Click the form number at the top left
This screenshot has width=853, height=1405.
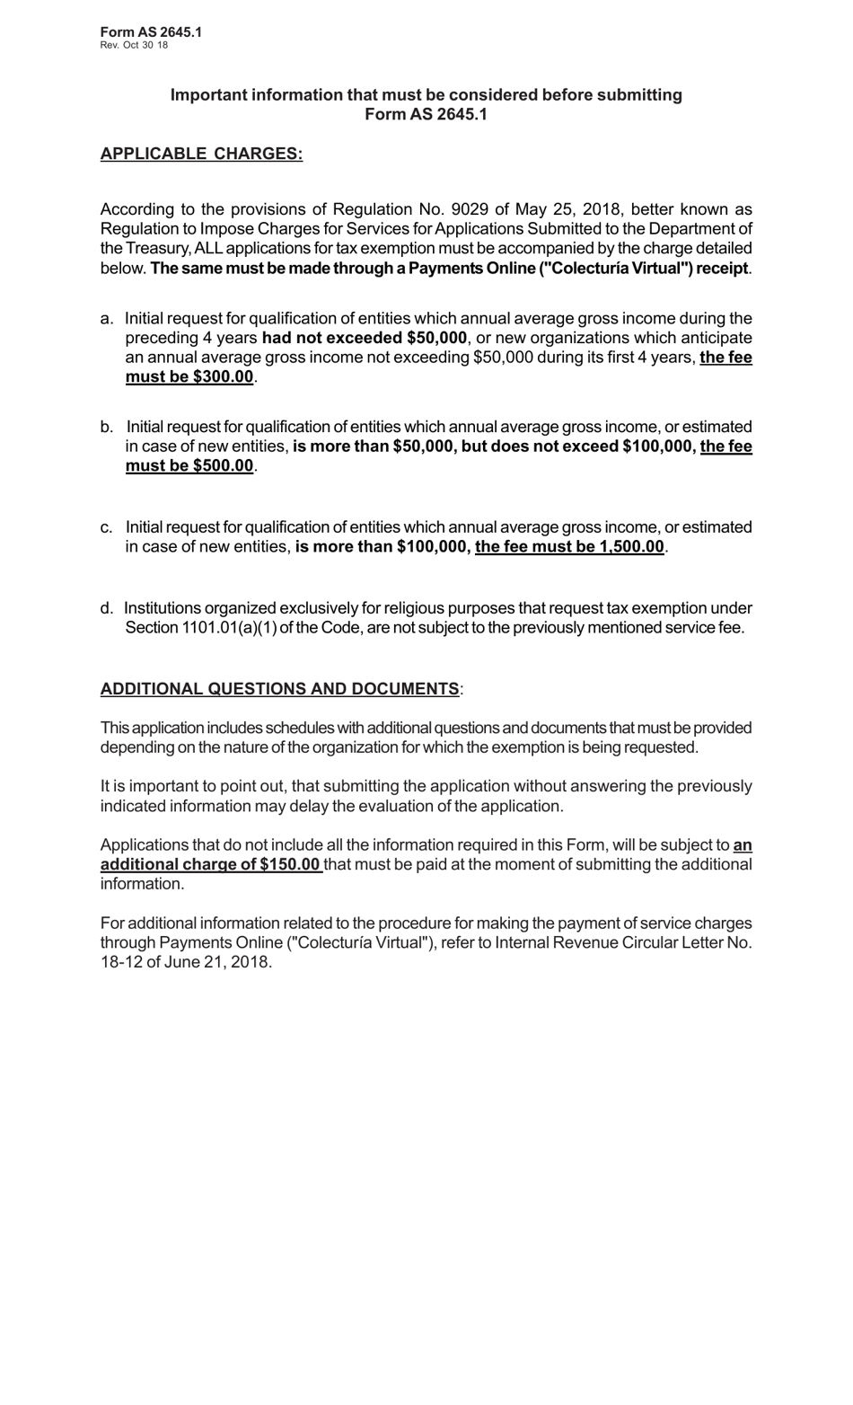pos(151,32)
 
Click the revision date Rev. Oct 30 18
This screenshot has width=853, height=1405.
pos(134,45)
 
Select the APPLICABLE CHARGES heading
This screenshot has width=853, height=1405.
pos(201,154)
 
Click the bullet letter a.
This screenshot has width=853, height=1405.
pos(107,319)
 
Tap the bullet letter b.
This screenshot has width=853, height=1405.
pos(107,427)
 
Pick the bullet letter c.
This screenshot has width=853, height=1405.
pos(107,527)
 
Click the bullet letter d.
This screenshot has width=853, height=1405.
pos(107,609)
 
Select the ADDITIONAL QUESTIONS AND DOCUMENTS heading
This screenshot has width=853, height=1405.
pos(279,689)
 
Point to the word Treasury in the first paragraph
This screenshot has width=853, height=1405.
pos(157,249)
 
